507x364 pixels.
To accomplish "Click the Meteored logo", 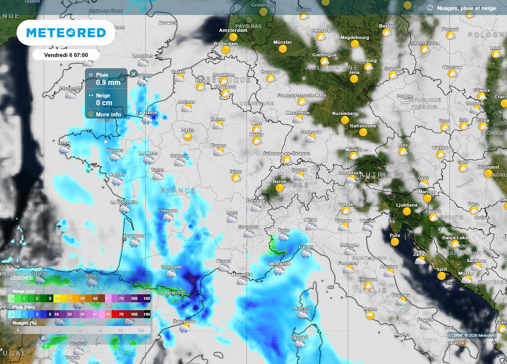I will pyautogui.click(x=66, y=33).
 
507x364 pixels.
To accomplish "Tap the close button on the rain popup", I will pyautogui.click(x=133, y=74).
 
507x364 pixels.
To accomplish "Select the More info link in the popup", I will pyautogui.click(x=108, y=114).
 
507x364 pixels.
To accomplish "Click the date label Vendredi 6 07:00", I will pyautogui.click(x=66, y=55).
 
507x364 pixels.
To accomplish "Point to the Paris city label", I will pyautogui.click(x=187, y=131).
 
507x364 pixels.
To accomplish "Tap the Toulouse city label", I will pyautogui.click(x=171, y=267).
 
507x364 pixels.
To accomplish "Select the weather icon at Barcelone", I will pyautogui.click(x=184, y=327).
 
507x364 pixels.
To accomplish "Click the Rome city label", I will pyautogui.click(x=370, y=309).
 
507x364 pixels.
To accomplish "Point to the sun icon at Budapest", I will pyautogui.click(x=488, y=174).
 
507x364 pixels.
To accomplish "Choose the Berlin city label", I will pyautogui.click(x=386, y=26).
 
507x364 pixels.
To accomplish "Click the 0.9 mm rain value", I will pyautogui.click(x=108, y=83).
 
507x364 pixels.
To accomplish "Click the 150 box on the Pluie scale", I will pyautogui.click(x=147, y=314).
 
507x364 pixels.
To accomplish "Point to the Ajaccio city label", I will pyautogui.click(x=302, y=308).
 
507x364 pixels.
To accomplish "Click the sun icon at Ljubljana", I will pyautogui.click(x=406, y=211).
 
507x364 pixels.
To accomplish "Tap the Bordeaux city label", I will pyautogui.click(x=134, y=236).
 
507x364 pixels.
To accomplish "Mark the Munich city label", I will pyautogui.click(x=354, y=150).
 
